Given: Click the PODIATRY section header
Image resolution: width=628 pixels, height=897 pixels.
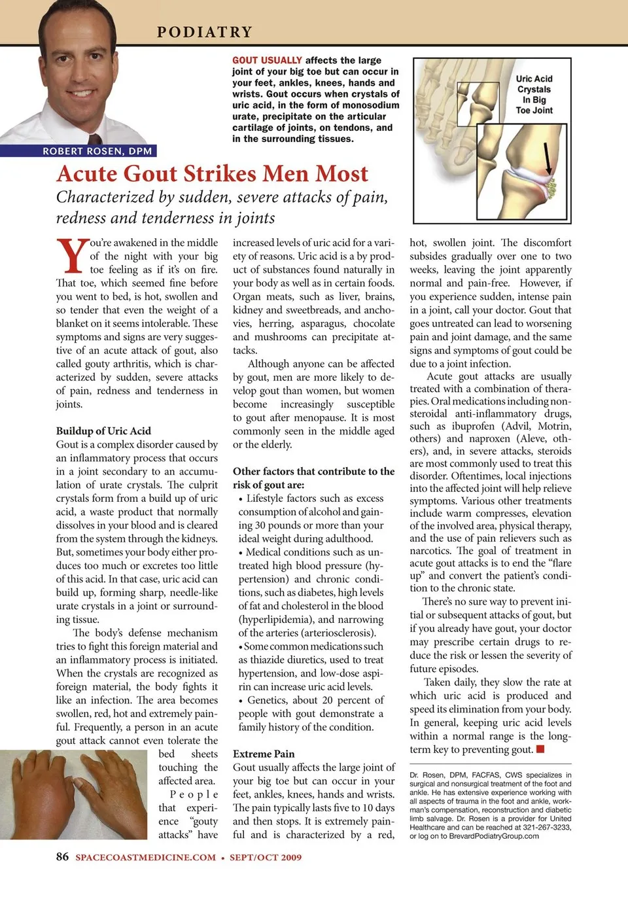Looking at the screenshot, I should tap(205, 32).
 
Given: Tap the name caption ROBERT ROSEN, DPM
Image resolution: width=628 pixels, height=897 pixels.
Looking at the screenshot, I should tap(97, 151).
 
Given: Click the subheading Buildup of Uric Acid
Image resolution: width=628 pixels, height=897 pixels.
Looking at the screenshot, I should tap(103, 431).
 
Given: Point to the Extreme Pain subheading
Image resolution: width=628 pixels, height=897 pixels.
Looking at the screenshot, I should tap(264, 754).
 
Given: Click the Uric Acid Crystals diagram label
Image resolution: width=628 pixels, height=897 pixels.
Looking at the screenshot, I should tap(534, 94).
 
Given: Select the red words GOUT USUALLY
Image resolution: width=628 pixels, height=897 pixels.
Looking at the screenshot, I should tap(267, 60).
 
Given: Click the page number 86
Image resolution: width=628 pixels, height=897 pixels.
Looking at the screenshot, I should tap(62, 856).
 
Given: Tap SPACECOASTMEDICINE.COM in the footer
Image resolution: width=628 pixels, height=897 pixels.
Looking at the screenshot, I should tap(145, 857).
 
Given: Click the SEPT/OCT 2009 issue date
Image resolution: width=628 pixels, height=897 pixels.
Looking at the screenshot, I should tap(266, 857).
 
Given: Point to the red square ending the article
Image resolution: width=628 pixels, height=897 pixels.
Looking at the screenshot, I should tap(540, 749).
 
